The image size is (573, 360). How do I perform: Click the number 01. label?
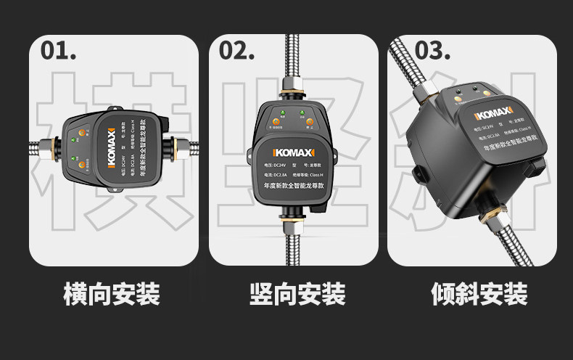pyautogui.click(x=59, y=50)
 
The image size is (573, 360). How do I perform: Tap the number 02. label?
pyautogui.click(x=236, y=50)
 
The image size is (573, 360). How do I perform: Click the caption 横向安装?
pyautogui.click(x=112, y=294)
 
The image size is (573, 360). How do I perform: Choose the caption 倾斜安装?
pyautogui.click(x=479, y=294)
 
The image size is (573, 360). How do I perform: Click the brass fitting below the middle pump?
pyautogui.click(x=294, y=218)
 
